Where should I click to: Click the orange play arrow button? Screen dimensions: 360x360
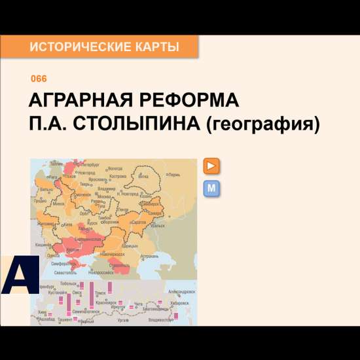(x=211, y=166)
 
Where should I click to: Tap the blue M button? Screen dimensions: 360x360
(x=211, y=189)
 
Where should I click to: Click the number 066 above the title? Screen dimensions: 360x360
(x=39, y=79)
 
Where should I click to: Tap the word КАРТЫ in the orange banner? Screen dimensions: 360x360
(x=156, y=47)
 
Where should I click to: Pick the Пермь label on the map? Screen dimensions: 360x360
(x=174, y=175)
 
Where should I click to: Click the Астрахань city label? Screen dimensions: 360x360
(x=150, y=256)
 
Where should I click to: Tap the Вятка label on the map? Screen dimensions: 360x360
(x=144, y=177)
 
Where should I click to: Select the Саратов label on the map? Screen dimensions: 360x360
(x=138, y=223)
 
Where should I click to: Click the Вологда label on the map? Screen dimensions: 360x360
(x=115, y=168)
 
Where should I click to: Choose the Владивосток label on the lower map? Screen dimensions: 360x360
(x=161, y=319)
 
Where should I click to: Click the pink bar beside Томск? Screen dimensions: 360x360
(x=111, y=287)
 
